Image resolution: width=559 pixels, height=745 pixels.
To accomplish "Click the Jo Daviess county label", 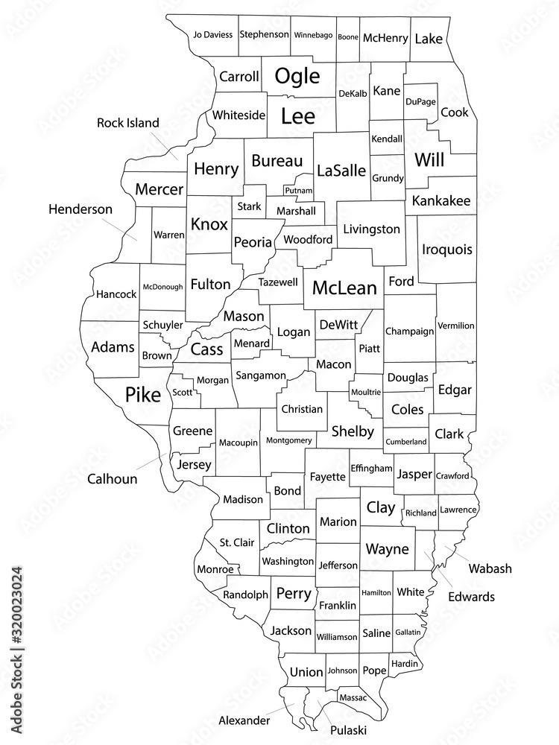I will tap(213, 34).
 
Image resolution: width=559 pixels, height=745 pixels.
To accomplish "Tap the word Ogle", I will tap(297, 75).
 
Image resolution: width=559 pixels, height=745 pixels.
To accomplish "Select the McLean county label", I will tap(344, 288).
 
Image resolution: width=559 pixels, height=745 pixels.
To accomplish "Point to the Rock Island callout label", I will tap(128, 122).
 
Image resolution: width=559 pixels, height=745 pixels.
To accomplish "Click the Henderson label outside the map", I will tap(80, 209).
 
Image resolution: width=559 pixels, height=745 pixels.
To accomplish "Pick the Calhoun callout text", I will tap(113, 479).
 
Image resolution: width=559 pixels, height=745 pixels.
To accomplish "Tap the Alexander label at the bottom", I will tap(244, 720).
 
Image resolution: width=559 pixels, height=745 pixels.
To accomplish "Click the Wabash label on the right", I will tap(490, 568).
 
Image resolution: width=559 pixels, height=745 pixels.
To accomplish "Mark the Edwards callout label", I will tap(471, 597).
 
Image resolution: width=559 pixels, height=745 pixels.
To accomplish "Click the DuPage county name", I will tap(421, 101).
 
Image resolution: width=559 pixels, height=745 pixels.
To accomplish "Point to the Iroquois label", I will tap(447, 250).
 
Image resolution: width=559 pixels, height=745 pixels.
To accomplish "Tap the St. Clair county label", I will tap(237, 542).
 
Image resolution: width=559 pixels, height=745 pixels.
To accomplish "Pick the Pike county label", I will tap(142, 394).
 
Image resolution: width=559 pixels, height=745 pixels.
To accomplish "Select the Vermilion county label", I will tap(456, 326).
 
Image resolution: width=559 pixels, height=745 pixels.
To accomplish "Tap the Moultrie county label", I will tap(367, 393).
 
